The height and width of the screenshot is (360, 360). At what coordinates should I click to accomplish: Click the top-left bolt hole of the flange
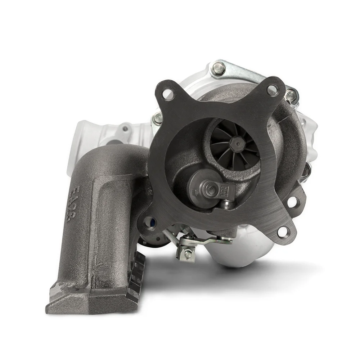click(168, 94)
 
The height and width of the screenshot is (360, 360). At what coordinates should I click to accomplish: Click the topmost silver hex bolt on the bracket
click(219, 68)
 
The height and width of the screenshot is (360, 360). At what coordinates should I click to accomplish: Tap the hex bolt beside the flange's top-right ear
click(290, 95)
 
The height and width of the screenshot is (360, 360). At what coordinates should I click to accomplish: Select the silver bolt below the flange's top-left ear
click(157, 118)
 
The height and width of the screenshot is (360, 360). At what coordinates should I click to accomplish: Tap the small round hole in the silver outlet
click(125, 129)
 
